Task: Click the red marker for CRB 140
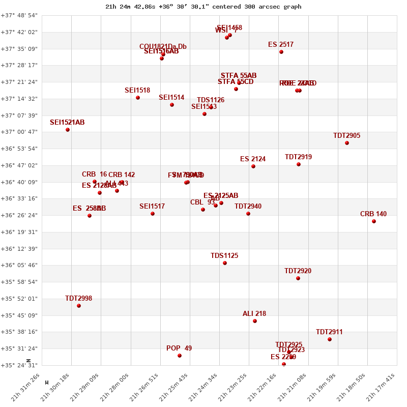374,221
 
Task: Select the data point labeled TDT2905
347,143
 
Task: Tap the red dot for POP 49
180,356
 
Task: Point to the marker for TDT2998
79,306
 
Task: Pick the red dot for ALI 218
255,321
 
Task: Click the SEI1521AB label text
67,123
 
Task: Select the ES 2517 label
281,45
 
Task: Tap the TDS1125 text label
224,256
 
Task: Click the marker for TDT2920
298,278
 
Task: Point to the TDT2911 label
329,332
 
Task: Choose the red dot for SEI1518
138,98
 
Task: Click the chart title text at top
203,7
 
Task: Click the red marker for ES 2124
253,166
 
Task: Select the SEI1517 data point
153,214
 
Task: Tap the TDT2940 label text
248,207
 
